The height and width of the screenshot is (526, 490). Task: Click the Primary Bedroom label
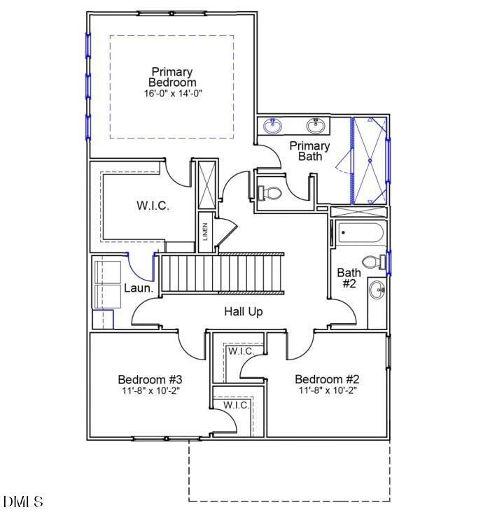[172, 77]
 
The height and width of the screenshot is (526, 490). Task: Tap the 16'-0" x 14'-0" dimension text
[172, 93]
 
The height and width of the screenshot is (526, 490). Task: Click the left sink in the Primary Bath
[274, 126]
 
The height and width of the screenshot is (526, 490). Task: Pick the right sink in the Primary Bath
[316, 126]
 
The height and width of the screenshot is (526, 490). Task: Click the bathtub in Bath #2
[360, 233]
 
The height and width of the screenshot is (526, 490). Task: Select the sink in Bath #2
[377, 290]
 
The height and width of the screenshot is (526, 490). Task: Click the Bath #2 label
[349, 278]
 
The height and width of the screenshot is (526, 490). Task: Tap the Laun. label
[138, 288]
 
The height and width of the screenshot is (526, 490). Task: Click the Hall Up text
[244, 311]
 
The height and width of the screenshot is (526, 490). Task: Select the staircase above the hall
[223, 273]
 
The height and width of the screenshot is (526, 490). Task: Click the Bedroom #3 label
[150, 380]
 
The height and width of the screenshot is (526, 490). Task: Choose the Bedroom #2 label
[328, 380]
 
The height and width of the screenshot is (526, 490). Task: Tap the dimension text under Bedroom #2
[328, 391]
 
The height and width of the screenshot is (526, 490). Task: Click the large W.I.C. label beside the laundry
[152, 206]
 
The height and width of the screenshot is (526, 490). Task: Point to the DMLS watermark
[23, 502]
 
